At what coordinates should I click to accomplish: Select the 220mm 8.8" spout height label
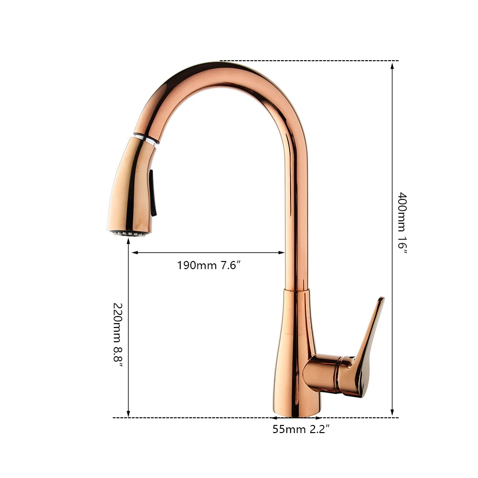[x=118, y=334]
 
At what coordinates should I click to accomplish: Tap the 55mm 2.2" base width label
[x=301, y=429]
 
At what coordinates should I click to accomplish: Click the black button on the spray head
[x=152, y=194]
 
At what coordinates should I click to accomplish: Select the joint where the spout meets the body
[x=297, y=290]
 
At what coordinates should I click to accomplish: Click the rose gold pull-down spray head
[x=131, y=186]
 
